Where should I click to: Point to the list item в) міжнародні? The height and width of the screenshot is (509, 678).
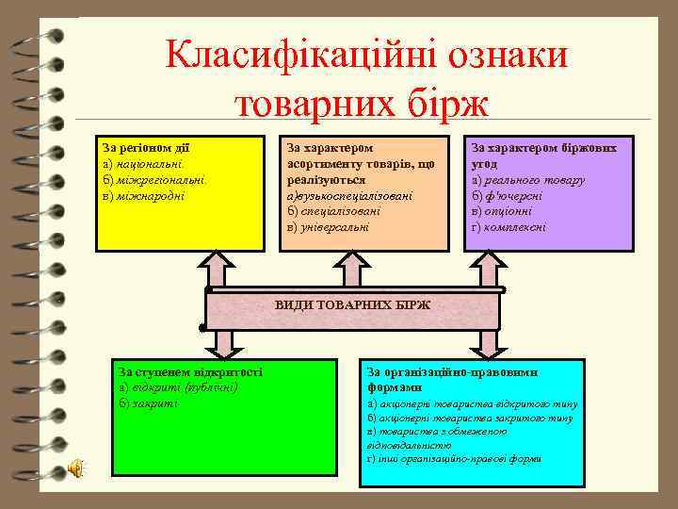[144, 195]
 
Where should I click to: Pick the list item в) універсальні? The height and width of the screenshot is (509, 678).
[329, 226]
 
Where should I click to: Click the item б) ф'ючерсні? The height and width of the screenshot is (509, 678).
[509, 195]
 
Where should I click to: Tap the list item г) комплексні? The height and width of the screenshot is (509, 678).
[508, 226]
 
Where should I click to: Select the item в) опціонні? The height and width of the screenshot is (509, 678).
[505, 211]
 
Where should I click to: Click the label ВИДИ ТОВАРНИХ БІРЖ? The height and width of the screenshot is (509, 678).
[352, 305]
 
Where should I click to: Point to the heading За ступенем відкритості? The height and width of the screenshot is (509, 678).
[190, 371]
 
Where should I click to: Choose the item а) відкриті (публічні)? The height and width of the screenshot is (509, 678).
[179, 387]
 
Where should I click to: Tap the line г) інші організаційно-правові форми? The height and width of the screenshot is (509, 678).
[454, 458]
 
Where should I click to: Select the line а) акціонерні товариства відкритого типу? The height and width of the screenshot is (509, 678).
[472, 403]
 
